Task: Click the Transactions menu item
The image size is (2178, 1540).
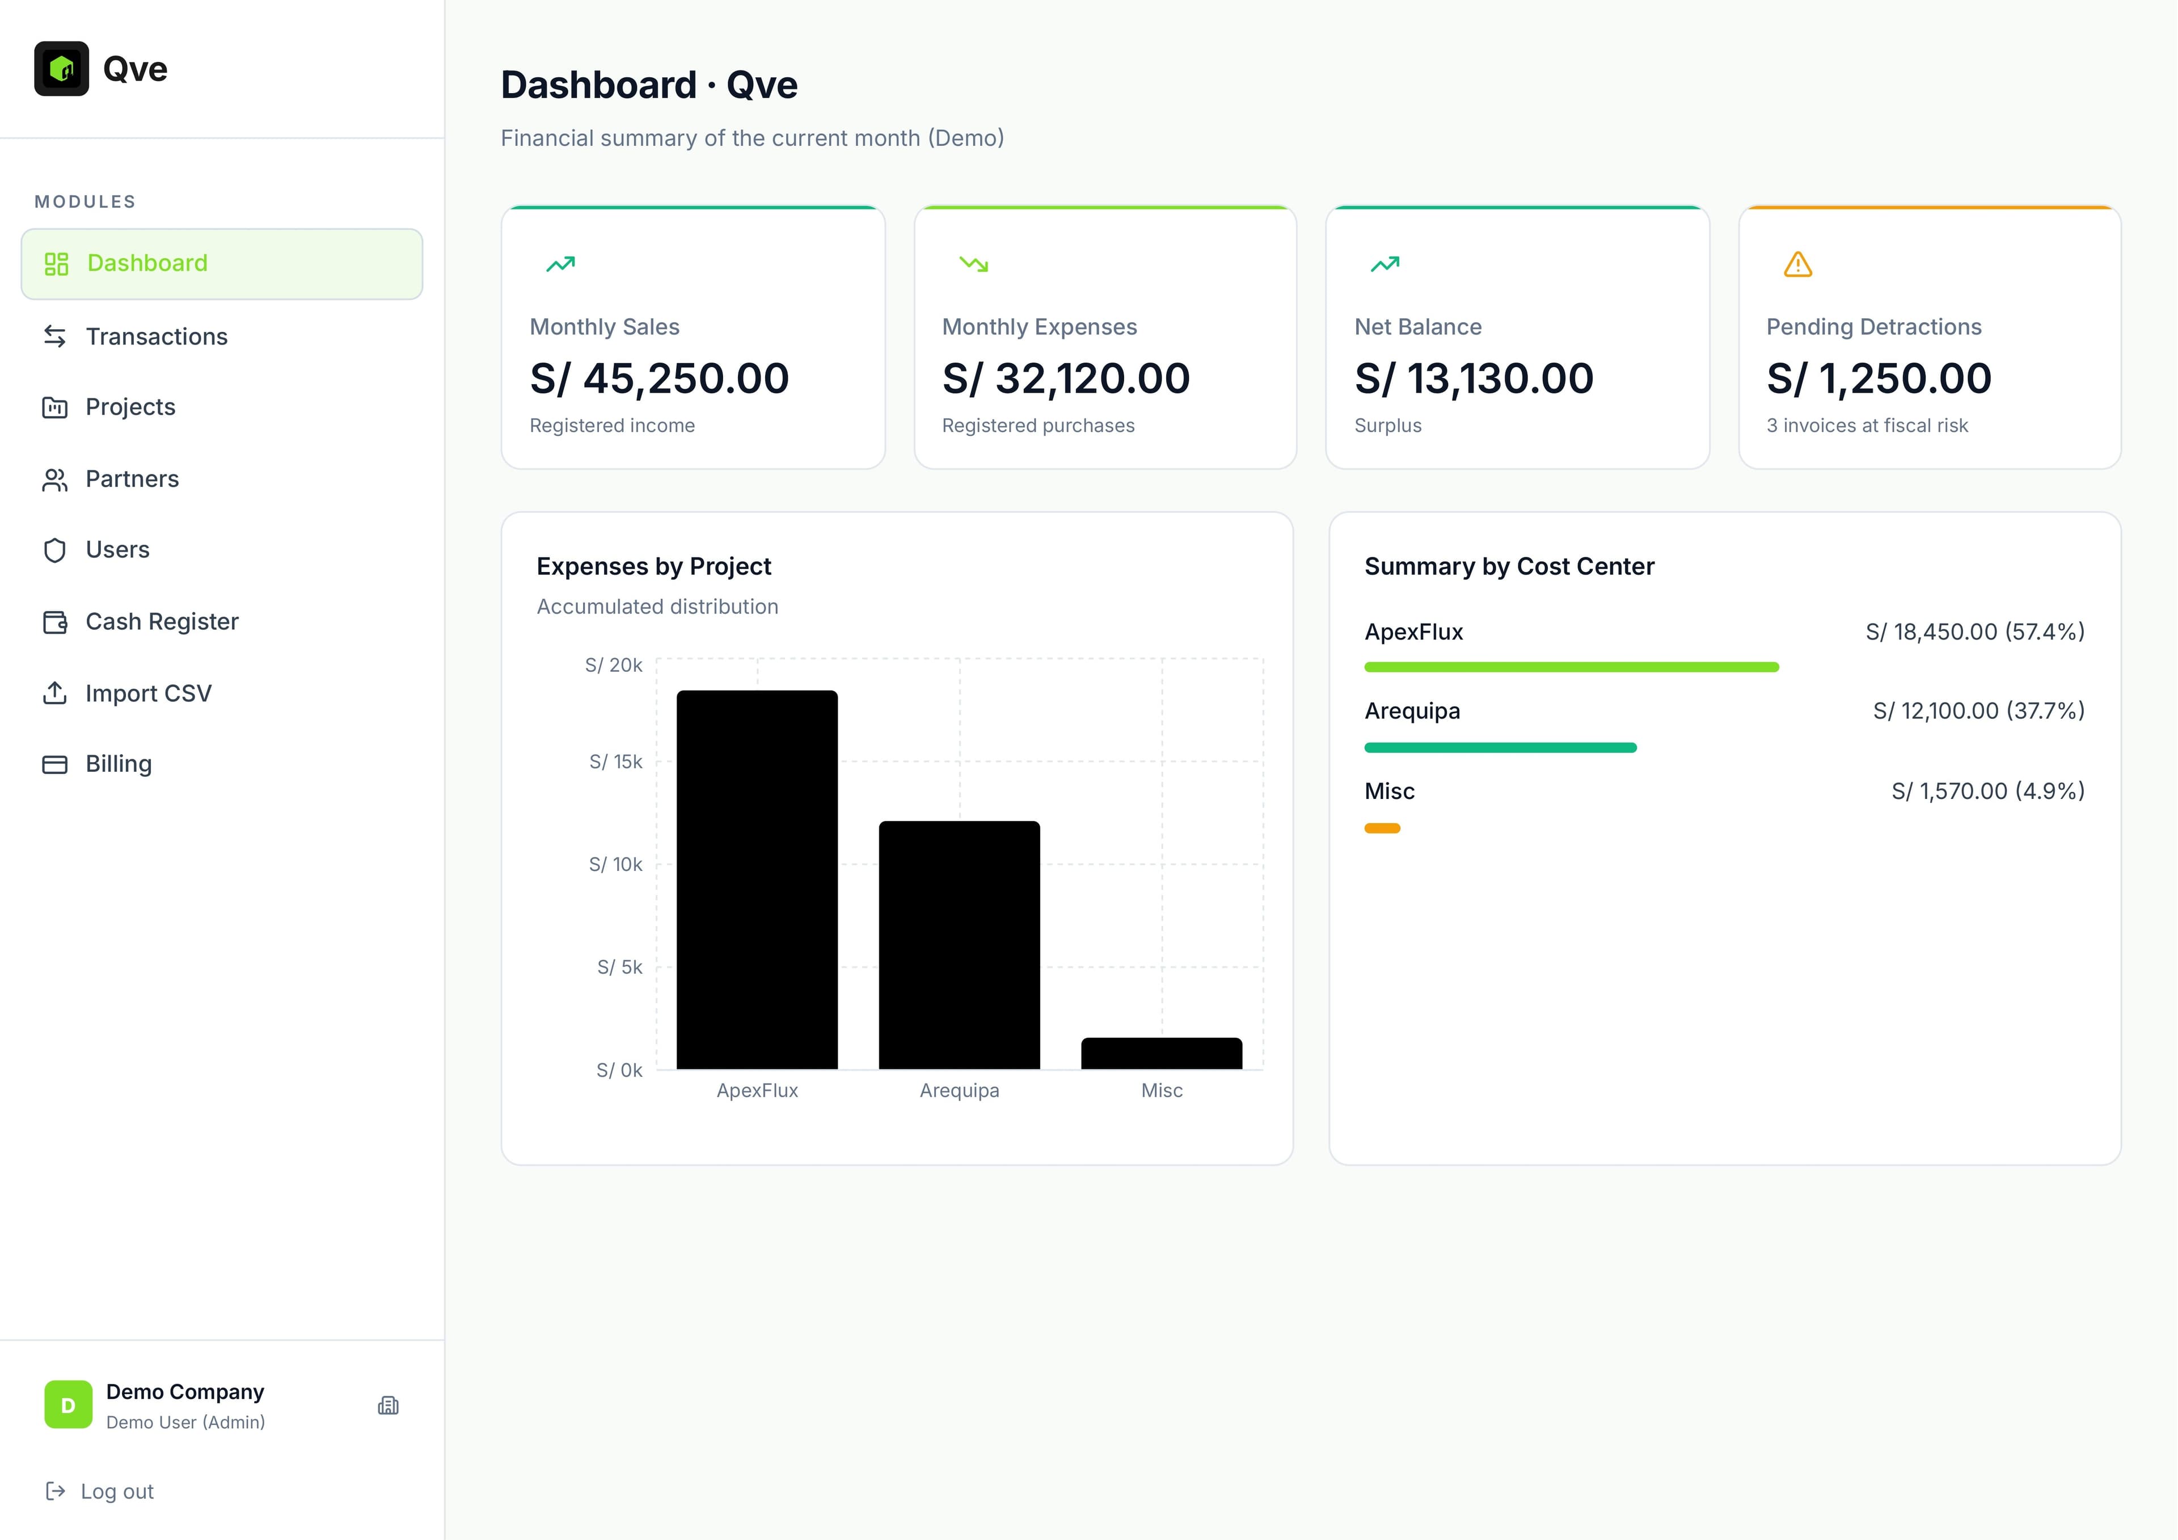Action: point(157,337)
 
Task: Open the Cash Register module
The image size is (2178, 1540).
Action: point(161,621)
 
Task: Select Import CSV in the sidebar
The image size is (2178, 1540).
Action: point(148,693)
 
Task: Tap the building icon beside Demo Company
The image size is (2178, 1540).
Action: point(388,1406)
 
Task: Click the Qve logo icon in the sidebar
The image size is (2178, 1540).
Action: point(62,68)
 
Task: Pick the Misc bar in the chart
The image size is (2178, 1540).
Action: point(1161,1053)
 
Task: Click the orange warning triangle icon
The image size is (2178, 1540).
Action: point(1797,265)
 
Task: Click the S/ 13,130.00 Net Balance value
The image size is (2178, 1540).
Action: point(1473,378)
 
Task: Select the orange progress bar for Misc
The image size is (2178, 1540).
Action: point(1382,828)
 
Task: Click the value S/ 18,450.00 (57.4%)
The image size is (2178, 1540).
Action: point(1974,632)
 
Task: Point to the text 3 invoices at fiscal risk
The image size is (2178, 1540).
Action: point(1866,426)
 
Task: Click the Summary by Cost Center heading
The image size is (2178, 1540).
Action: point(1508,566)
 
